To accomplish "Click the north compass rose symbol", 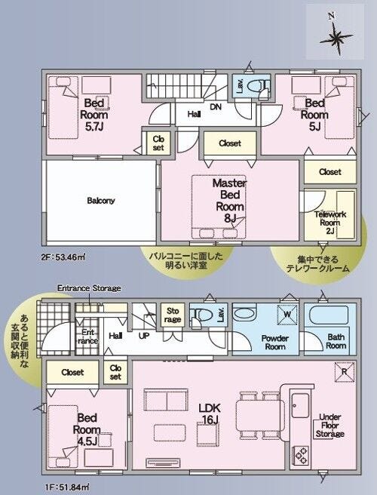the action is [336, 38].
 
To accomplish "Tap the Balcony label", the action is [101, 201].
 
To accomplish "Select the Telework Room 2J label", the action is [330, 223].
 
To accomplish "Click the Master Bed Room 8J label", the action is [230, 201].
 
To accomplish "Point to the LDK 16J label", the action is [210, 414].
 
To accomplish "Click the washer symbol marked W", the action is [287, 315].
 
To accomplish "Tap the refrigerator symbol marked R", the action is [345, 371].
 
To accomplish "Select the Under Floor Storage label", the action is [330, 426].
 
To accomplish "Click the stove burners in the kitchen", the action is [301, 455].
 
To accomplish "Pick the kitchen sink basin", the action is [300, 405].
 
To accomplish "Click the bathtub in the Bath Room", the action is [329, 315].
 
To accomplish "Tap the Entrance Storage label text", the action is [89, 288].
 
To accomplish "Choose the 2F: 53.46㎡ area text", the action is [63, 257].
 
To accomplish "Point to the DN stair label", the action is [216, 107].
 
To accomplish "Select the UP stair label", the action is [144, 336].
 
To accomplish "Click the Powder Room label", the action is [275, 343].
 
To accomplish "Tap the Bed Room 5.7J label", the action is [94, 115].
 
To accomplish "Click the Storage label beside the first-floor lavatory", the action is [173, 315].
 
